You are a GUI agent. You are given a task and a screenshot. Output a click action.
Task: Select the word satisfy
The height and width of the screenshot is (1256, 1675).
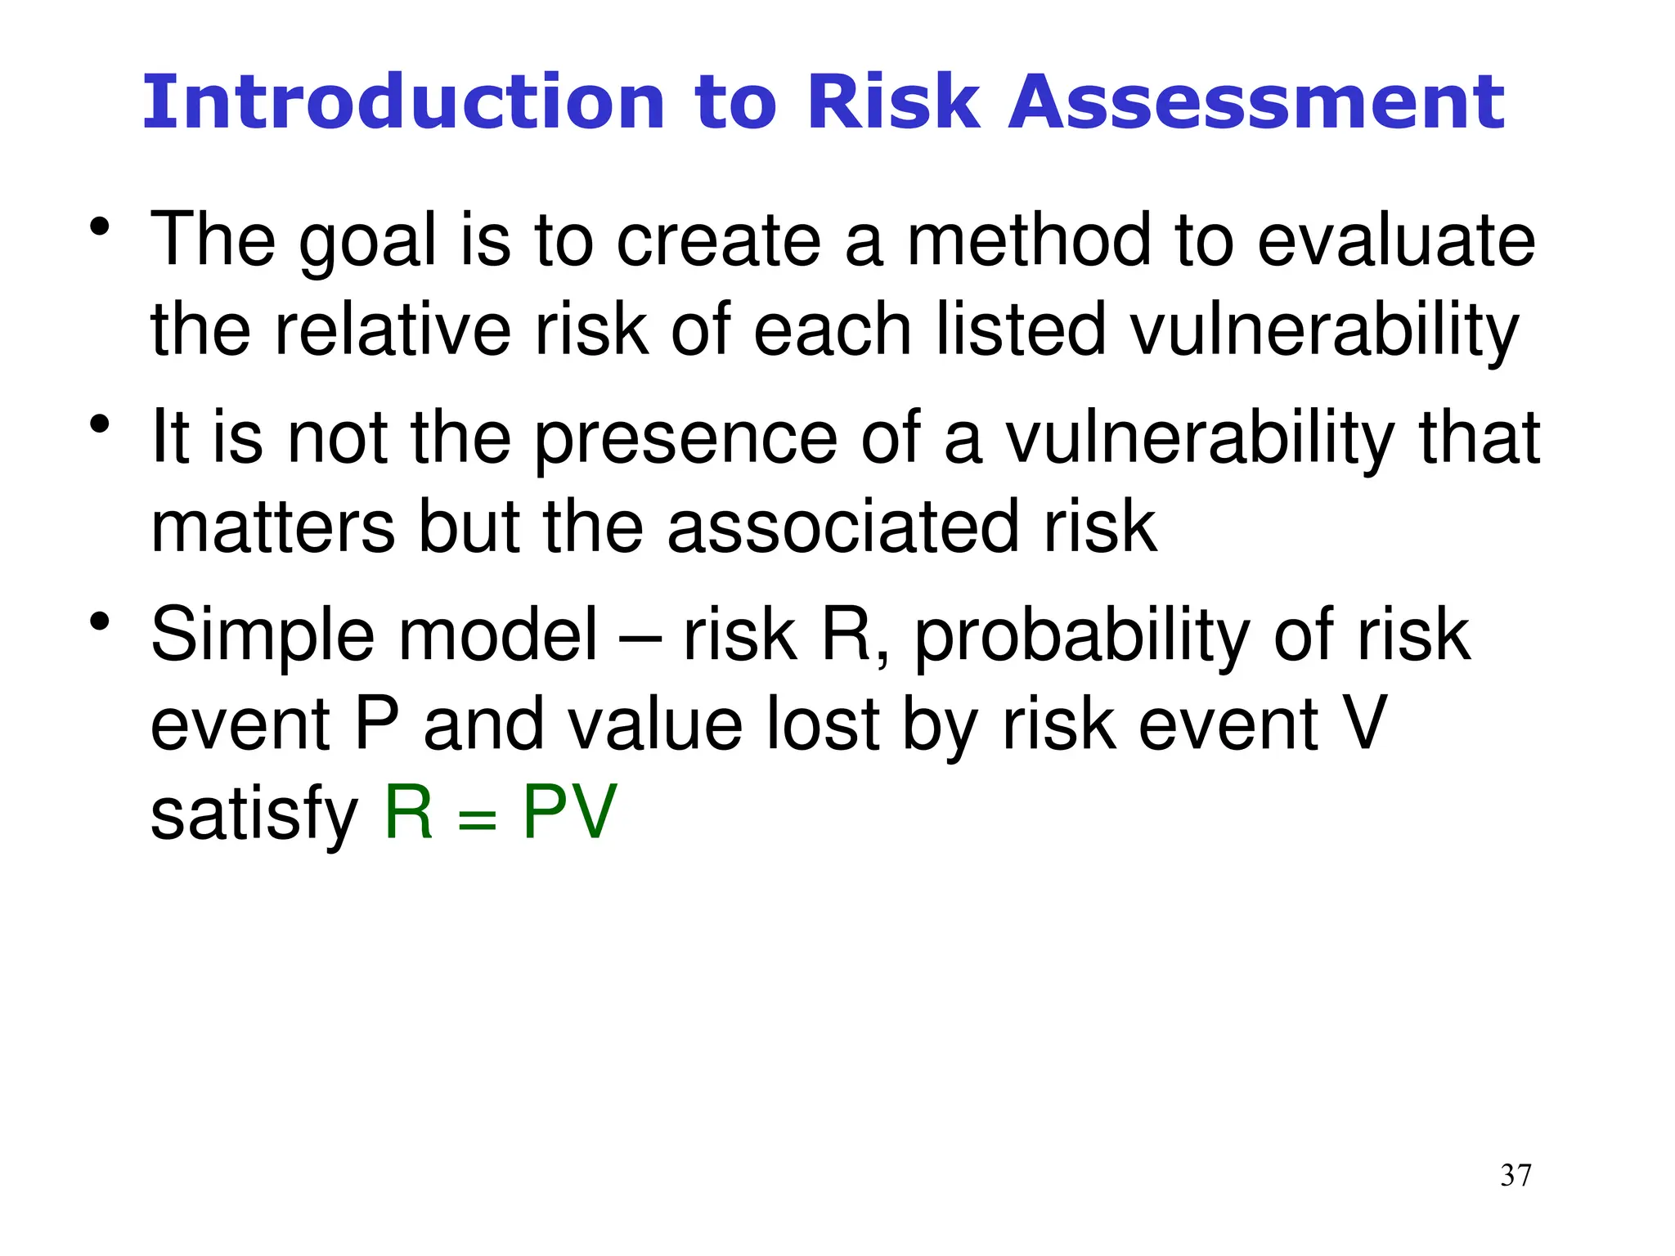254,814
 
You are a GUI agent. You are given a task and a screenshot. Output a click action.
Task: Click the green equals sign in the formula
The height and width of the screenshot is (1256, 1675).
478,819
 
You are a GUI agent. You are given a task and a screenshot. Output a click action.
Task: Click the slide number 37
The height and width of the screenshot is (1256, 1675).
1516,1175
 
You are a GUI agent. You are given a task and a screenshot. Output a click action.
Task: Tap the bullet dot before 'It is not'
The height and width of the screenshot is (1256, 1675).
100,425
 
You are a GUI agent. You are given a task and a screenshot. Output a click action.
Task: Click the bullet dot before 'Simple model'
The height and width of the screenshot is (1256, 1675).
100,623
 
